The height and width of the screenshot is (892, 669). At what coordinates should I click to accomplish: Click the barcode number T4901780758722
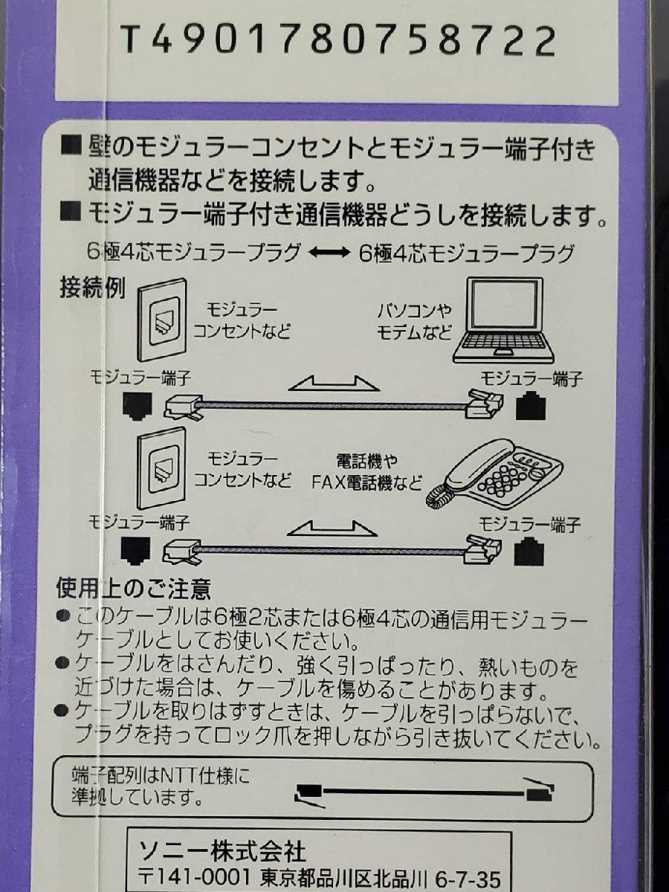338,40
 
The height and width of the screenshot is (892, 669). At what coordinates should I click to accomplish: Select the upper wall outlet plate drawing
161,319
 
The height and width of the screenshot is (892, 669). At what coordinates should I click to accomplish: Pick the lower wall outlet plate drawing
161,467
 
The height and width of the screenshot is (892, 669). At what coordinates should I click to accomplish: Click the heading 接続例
92,288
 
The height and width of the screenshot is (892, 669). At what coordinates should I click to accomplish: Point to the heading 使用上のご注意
134,589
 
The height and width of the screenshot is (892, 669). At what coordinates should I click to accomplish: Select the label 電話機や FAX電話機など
366,471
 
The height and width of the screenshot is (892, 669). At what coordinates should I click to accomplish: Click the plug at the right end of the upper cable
484,403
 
